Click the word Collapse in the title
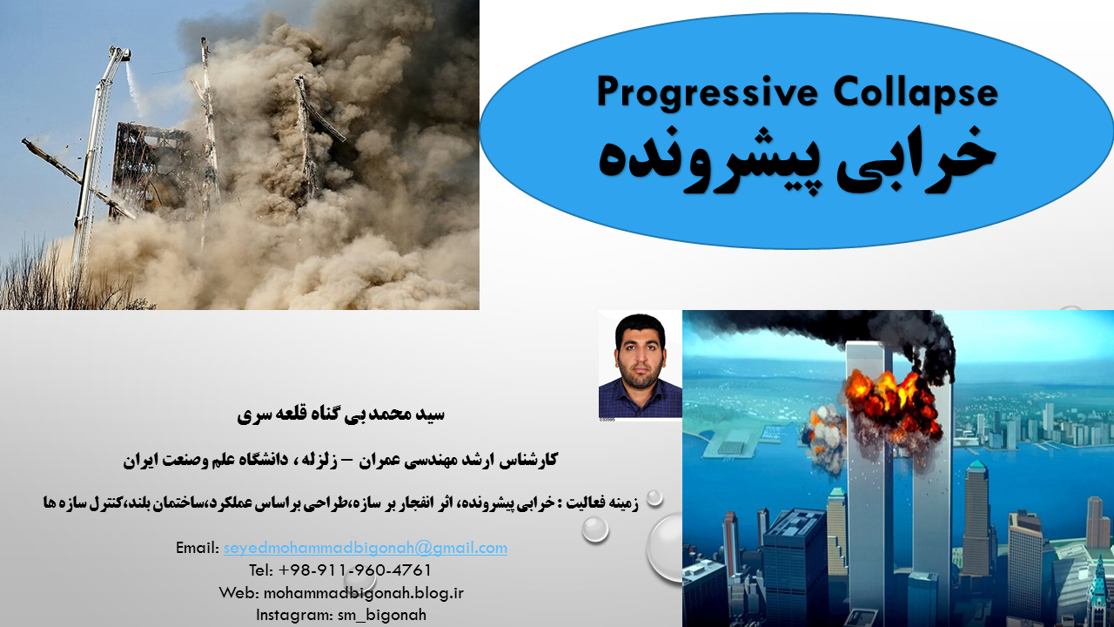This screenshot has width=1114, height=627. (916, 91)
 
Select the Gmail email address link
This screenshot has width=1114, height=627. (365, 548)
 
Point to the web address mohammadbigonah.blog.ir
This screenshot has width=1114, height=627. (364, 593)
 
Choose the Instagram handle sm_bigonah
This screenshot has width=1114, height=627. (382, 616)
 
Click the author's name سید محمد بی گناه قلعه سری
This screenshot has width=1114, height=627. (340, 414)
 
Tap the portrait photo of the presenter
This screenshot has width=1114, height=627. (640, 366)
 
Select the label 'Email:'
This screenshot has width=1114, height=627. (198, 548)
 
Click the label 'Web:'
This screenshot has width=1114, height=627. (239, 593)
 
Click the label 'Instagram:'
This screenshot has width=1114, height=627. (294, 616)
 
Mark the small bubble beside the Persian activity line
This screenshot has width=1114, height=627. (654, 497)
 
